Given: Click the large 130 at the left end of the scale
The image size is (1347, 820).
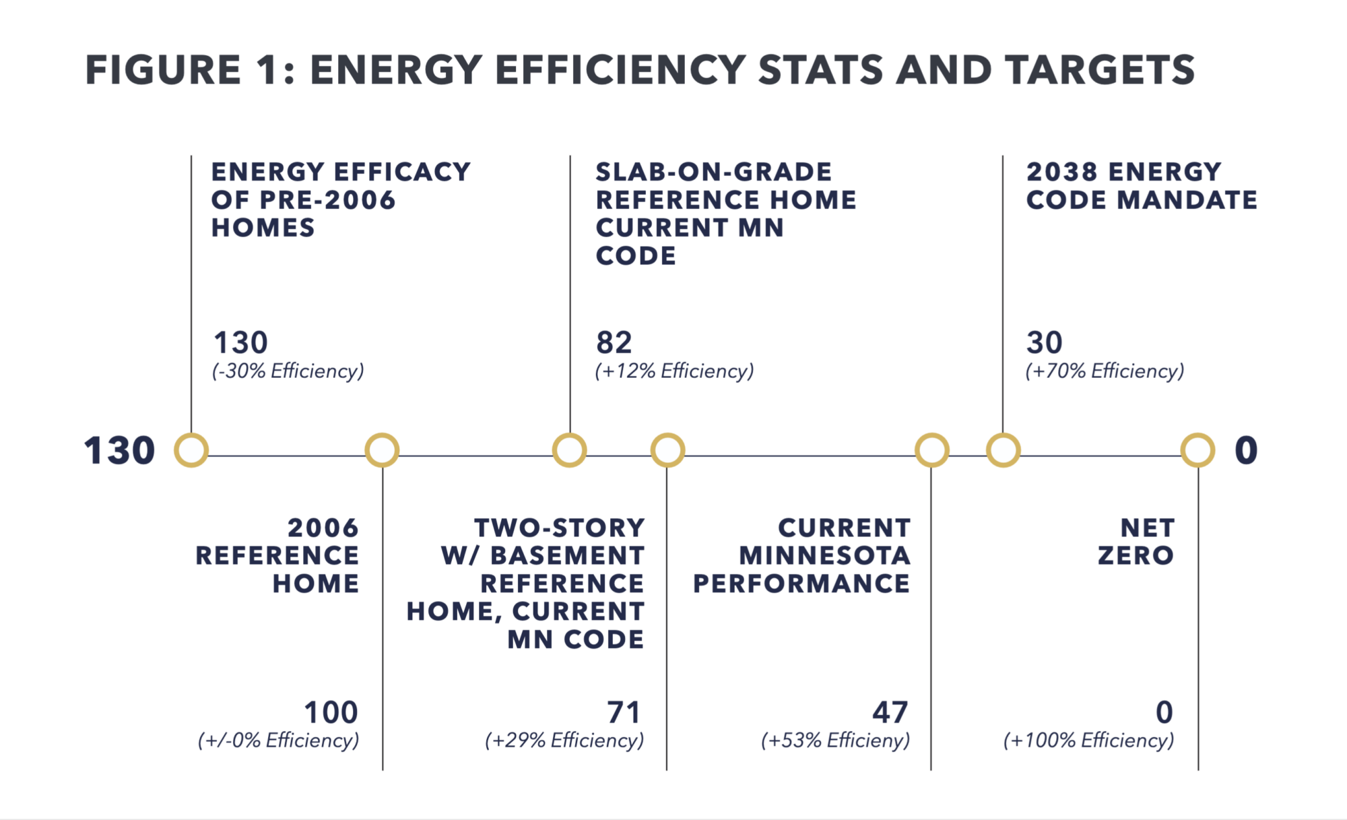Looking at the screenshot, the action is (119, 451).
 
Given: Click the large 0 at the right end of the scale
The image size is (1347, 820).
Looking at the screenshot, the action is (1246, 451).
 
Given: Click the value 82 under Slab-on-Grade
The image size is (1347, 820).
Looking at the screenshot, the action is (614, 343).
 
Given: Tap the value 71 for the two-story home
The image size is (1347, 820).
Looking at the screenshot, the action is (624, 712).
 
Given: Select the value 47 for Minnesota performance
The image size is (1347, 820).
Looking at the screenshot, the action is (890, 712).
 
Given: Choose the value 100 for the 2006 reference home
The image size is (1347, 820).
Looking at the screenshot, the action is (331, 712).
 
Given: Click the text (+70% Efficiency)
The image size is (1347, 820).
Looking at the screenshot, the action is (1105, 371).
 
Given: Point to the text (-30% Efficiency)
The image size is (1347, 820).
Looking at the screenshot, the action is (288, 371).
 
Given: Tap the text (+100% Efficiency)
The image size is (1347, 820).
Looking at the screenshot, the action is (1089, 740).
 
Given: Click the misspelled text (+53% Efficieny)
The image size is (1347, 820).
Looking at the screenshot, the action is (836, 740).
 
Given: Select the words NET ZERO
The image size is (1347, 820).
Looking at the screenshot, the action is (1136, 542).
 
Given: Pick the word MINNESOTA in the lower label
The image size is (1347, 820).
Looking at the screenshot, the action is (825, 556).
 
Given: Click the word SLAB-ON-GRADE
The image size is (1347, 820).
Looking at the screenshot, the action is (714, 172).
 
